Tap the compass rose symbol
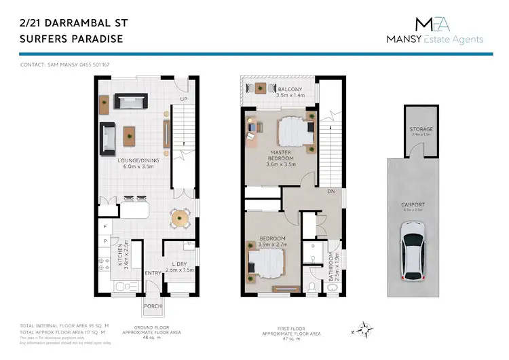click(x=365, y=331)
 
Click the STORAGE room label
click(x=421, y=130)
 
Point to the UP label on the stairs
click(x=183, y=100)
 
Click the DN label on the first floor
click(x=332, y=192)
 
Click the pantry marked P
click(x=105, y=240)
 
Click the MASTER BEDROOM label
click(x=280, y=156)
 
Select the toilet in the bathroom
click(x=311, y=285)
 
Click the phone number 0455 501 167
click(x=96, y=65)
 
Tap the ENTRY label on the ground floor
click(x=151, y=274)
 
